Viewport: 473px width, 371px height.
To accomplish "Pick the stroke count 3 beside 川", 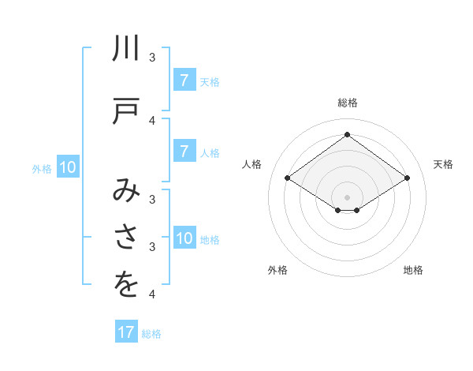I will click(152, 58).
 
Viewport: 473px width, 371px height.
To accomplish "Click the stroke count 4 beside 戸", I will click(152, 120).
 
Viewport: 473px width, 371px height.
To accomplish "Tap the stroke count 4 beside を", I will click(152, 294).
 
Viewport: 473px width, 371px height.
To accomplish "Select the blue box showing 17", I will click(126, 332).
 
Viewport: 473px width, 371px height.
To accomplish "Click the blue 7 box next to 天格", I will click(184, 81).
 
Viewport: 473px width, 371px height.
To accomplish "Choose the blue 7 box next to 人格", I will click(184, 152).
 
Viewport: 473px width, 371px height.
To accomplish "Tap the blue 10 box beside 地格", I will click(184, 238).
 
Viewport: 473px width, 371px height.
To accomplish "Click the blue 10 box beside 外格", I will click(67, 167).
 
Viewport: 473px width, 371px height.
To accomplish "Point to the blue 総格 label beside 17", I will click(151, 334).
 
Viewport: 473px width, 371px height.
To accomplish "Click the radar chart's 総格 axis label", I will click(348, 103).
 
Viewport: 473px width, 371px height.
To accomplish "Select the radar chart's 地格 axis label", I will click(413, 270).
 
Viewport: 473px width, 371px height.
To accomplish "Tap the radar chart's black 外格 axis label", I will click(277, 270).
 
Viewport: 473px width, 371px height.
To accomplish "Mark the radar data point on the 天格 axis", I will click(407, 178).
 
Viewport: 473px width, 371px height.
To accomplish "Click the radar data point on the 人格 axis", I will click(288, 178).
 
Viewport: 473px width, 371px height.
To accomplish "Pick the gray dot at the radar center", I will click(347, 197).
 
